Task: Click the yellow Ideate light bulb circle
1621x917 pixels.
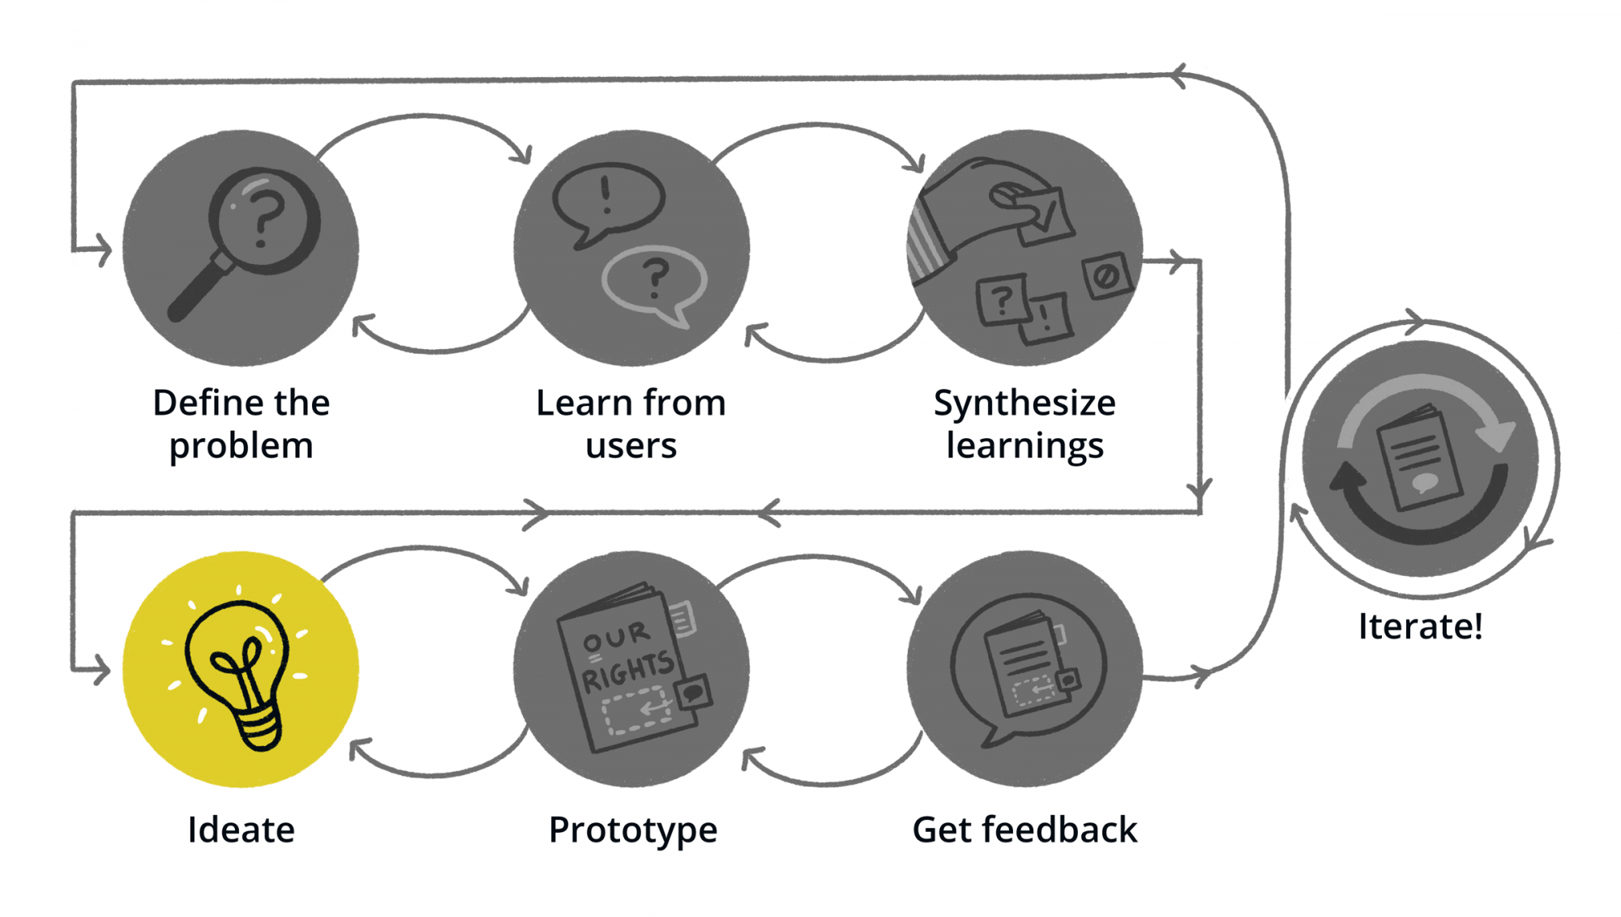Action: pyautogui.click(x=240, y=669)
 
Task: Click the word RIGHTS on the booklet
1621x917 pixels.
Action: pyautogui.click(x=627, y=672)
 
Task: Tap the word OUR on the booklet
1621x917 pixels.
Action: pyautogui.click(x=616, y=637)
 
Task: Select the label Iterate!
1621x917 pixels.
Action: pyautogui.click(x=1420, y=626)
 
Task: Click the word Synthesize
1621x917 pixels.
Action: pyautogui.click(x=1024, y=403)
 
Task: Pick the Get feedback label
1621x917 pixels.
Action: pyautogui.click(x=1024, y=830)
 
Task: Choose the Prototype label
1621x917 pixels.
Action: pyautogui.click(x=633, y=830)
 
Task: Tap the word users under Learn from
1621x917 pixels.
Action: pyautogui.click(x=631, y=446)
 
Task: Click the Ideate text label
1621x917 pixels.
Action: pyautogui.click(x=241, y=830)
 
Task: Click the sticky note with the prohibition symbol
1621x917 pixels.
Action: pyautogui.click(x=1106, y=275)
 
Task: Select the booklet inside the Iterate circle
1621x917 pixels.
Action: pyautogui.click(x=1419, y=458)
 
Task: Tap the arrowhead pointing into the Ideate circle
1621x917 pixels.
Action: pyautogui.click(x=101, y=670)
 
